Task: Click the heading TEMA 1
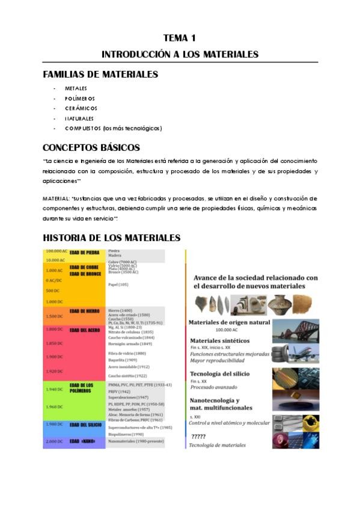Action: coord(180,37)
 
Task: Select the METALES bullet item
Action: coord(76,88)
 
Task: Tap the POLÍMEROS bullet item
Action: coord(79,98)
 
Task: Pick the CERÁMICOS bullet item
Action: coord(81,108)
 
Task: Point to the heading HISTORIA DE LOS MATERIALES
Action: coord(111,238)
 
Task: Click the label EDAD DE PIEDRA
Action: coord(84,252)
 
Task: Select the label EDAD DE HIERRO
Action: coord(84,311)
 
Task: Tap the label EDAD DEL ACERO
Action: coord(84,330)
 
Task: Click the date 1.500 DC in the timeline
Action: coord(54,316)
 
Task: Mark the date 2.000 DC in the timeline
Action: coord(54,442)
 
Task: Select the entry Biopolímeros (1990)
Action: coord(126,434)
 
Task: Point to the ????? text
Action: coord(199,436)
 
